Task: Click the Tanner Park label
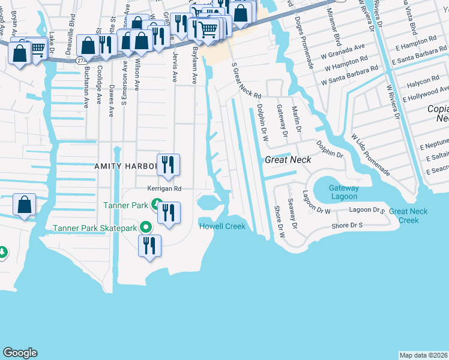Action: click(125, 205)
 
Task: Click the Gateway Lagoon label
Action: click(343, 193)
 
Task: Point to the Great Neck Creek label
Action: click(408, 215)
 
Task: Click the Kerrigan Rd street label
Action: click(164, 188)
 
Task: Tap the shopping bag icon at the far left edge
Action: click(23, 206)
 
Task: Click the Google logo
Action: click(20, 353)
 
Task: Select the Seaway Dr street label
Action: click(292, 214)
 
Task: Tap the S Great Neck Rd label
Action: click(247, 84)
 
